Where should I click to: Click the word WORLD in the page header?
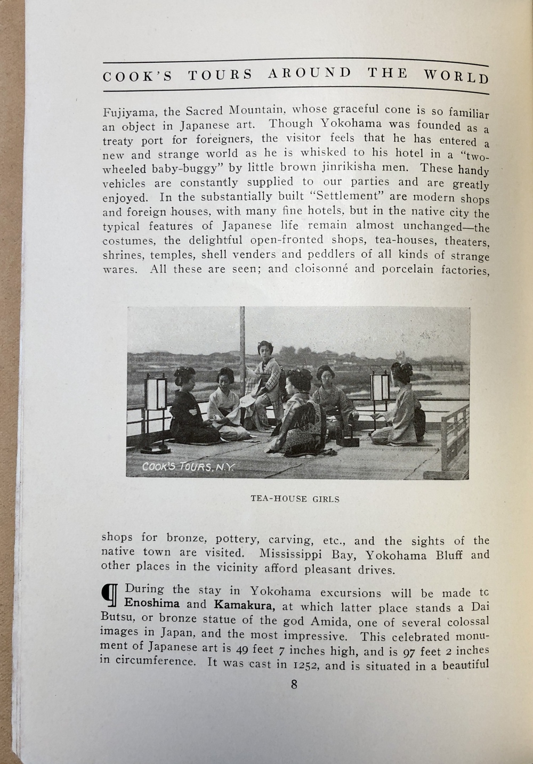click(x=456, y=76)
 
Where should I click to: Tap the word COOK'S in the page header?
click(x=138, y=76)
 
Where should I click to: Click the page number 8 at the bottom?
click(x=294, y=685)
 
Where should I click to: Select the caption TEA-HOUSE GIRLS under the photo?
click(x=295, y=499)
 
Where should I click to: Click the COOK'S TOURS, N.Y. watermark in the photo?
click(x=188, y=467)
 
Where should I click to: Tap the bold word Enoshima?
click(x=151, y=604)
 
